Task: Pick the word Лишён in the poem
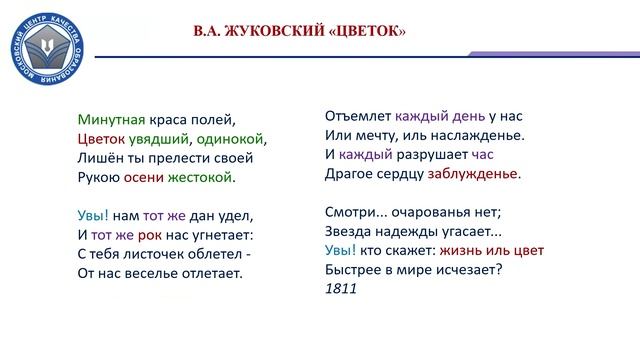pos(98,158)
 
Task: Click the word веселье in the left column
pos(150,272)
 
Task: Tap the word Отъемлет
pos(359,114)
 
